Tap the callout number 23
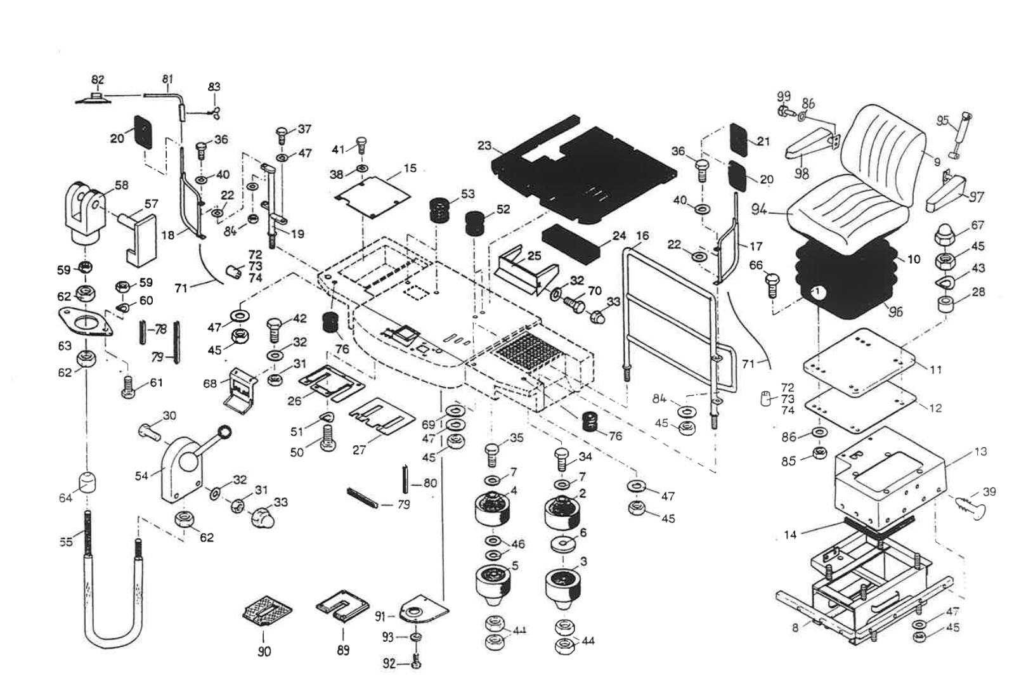484,146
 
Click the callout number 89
343,651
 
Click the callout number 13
980,452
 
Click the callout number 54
141,476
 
